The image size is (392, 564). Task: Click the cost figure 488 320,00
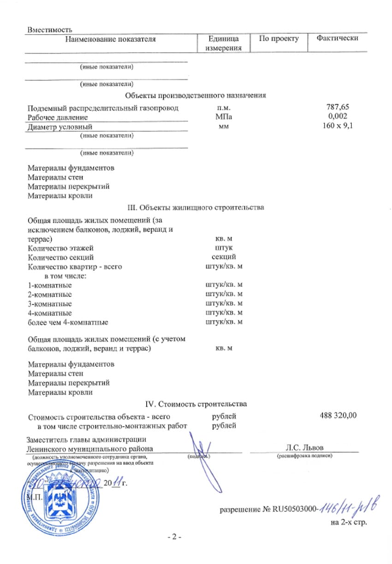[338, 416]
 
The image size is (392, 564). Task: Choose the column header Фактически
[337, 39]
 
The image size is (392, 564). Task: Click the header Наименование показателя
[110, 39]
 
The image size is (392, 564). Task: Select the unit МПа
[223, 117]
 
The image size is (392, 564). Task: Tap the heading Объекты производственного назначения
[196, 96]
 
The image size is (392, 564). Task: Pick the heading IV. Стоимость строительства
[196, 404]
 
